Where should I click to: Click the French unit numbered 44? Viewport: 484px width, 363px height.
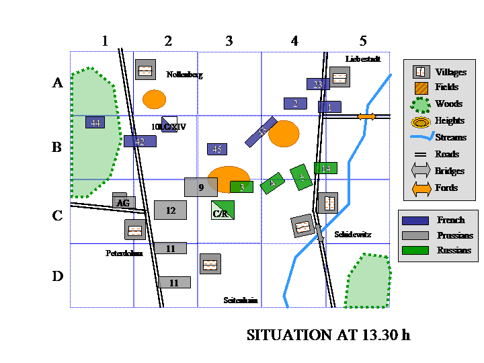(95, 122)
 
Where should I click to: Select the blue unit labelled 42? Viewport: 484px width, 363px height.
(140, 141)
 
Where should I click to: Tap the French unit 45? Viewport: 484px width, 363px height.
(216, 149)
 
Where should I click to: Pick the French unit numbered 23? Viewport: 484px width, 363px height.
(318, 84)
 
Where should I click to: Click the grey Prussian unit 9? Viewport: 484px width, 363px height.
(201, 188)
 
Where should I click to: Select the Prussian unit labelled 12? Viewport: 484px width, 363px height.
(170, 210)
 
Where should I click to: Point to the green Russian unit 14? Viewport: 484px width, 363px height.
(326, 168)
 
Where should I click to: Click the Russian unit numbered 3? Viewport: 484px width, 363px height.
(241, 187)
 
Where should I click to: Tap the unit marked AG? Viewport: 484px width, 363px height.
(123, 202)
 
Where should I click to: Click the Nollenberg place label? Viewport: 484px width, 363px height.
(184, 75)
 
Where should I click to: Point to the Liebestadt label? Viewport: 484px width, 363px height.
(363, 59)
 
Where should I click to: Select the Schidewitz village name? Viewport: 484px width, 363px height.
(353, 235)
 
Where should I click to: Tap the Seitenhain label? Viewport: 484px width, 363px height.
(240, 300)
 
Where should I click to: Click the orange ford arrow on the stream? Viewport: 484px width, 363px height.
(366, 117)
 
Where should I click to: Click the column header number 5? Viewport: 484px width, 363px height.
(363, 41)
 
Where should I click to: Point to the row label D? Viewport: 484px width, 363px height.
(58, 276)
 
